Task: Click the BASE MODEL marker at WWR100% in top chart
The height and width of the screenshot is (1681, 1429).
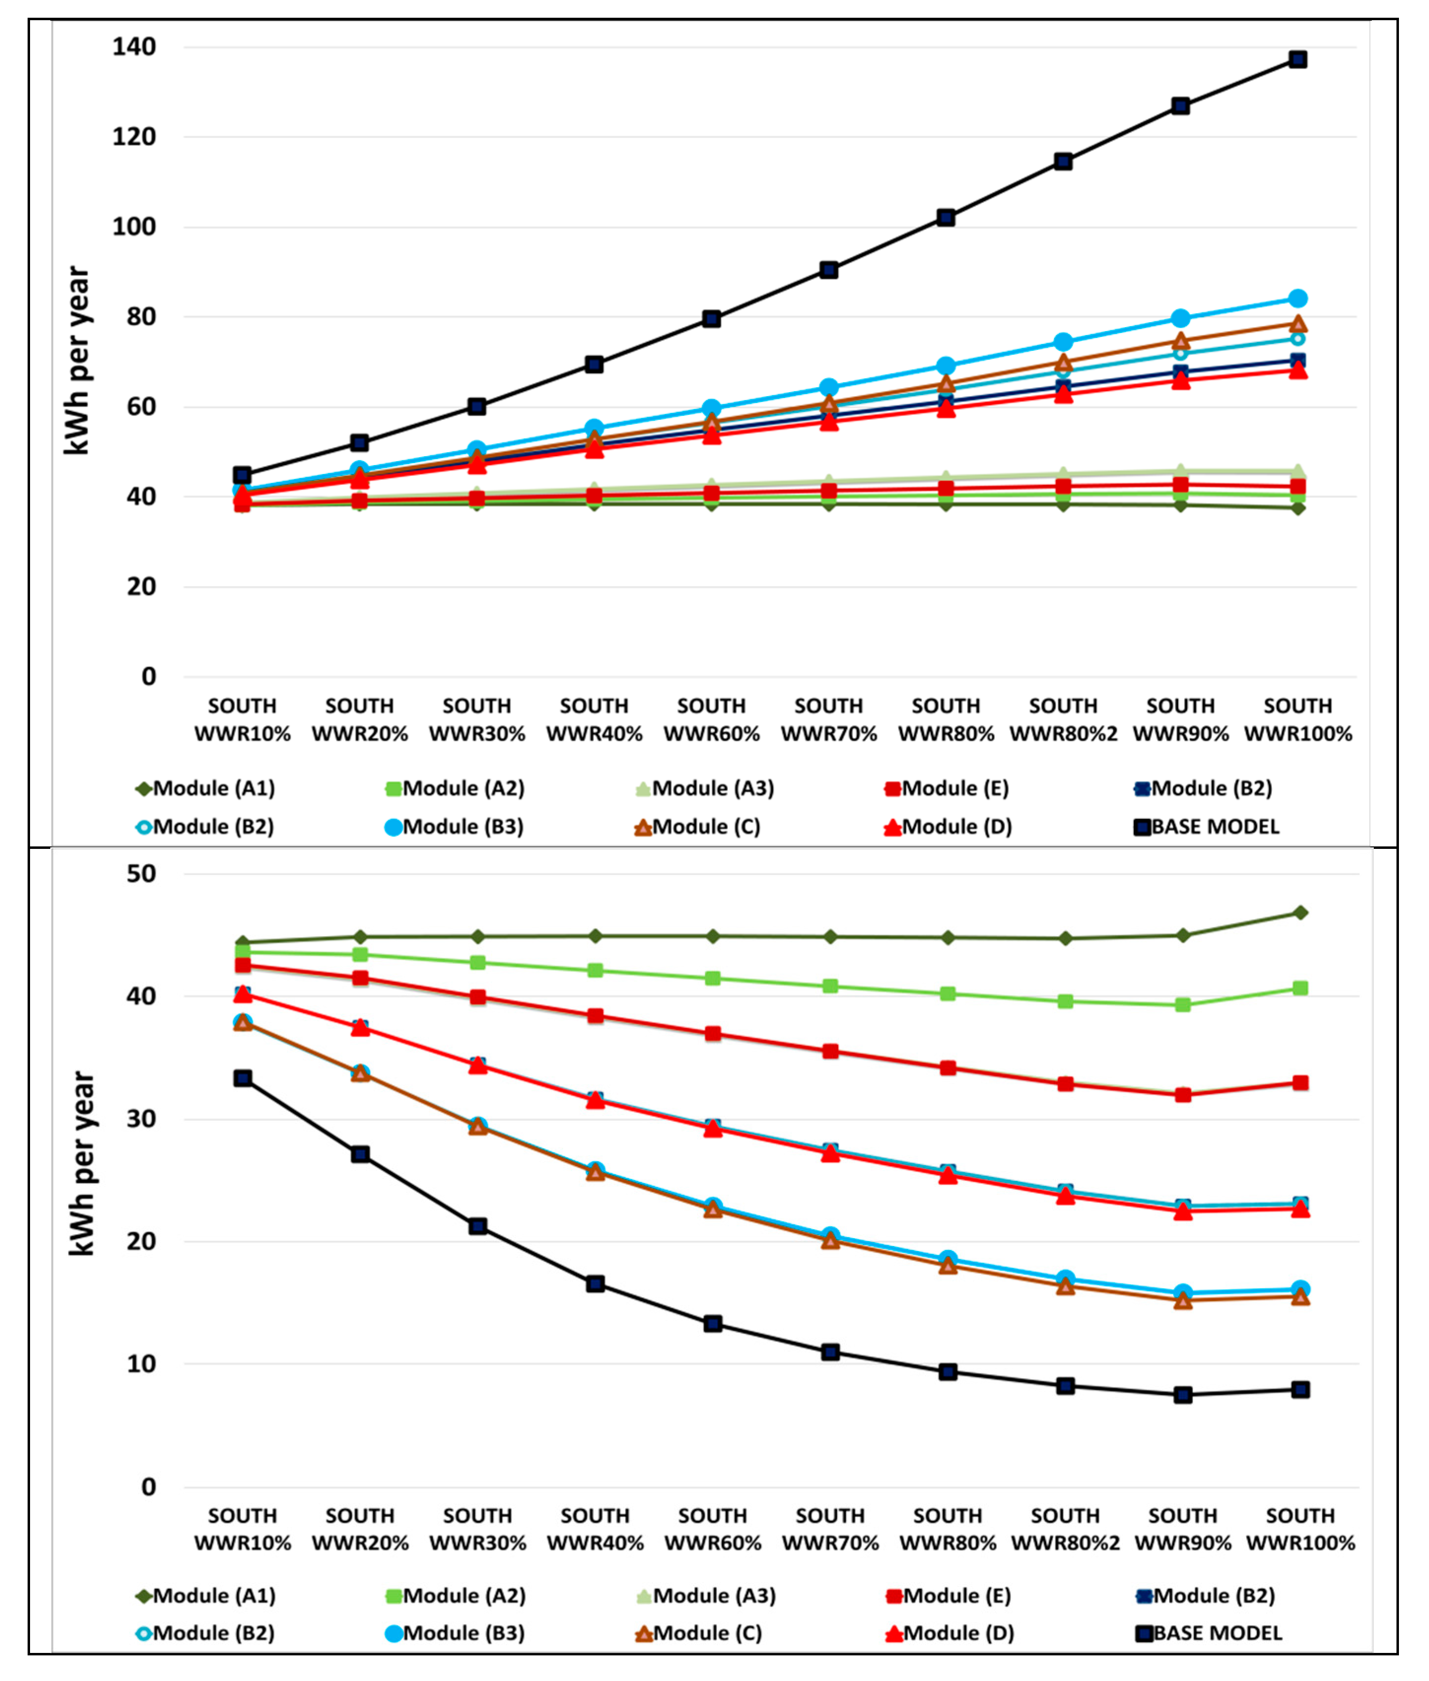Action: pos(1298,59)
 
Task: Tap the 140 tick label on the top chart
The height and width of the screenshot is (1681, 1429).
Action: pos(134,47)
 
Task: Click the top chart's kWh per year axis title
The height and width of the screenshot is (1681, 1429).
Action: pos(78,360)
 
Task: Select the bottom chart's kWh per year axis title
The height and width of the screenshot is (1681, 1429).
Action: pos(82,1164)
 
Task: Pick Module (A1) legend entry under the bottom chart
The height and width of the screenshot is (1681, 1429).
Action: pos(206,1595)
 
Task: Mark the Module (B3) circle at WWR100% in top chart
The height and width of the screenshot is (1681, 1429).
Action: pos(1298,299)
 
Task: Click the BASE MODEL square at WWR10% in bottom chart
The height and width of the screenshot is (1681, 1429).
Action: pos(242,1078)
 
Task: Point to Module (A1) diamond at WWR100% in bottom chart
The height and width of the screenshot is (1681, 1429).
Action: pos(1300,912)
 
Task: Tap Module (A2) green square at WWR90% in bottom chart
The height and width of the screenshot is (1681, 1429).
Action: pos(1183,1005)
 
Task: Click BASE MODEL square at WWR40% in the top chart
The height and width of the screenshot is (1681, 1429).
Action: pos(594,365)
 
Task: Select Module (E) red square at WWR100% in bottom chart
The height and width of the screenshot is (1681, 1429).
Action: pos(1300,1082)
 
